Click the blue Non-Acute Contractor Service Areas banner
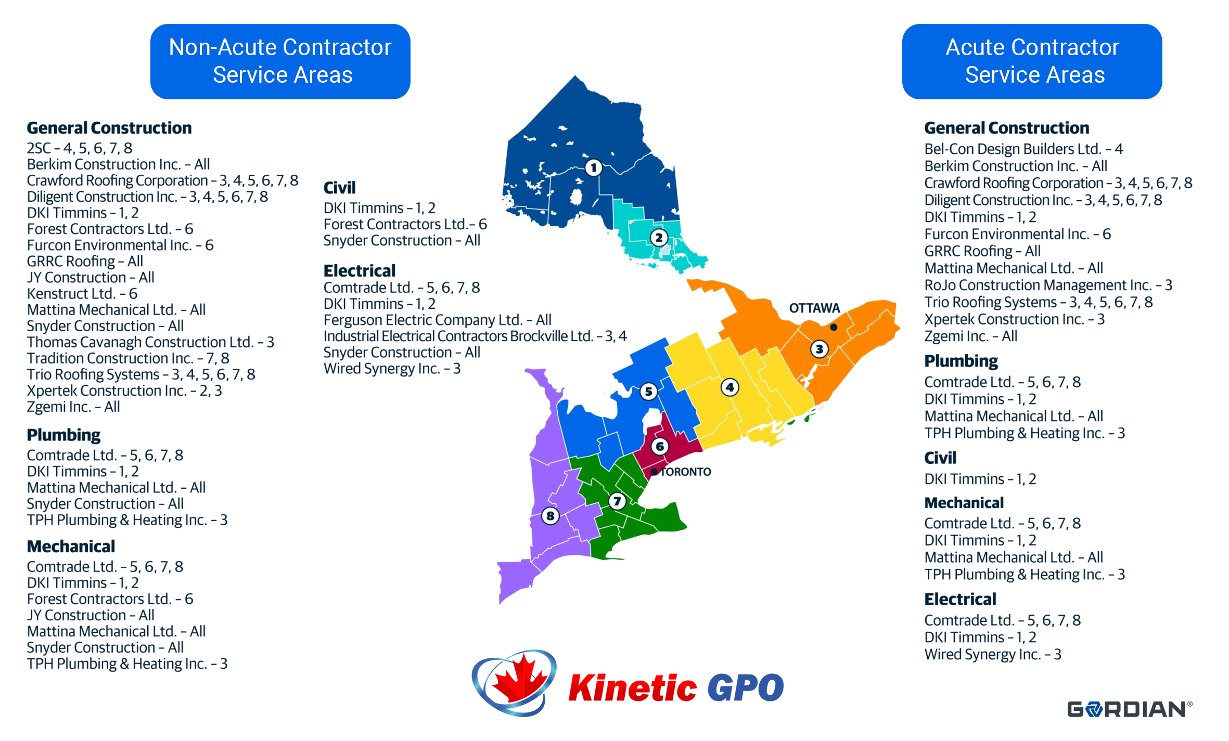click(280, 61)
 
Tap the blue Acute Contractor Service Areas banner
click(1032, 61)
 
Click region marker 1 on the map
click(594, 167)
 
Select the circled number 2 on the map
click(659, 238)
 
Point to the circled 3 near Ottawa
click(820, 349)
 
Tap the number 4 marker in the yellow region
click(730, 387)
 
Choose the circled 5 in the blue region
click(648, 392)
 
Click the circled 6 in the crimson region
click(660, 446)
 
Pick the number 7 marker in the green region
click(617, 501)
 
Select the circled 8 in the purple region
click(550, 516)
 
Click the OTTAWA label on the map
click(814, 308)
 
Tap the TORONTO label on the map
click(685, 472)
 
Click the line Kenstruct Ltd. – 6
click(82, 294)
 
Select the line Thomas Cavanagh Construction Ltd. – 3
click(150, 342)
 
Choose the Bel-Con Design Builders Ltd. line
click(1023, 149)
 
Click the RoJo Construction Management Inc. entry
click(1048, 285)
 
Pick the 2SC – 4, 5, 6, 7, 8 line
click(80, 148)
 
